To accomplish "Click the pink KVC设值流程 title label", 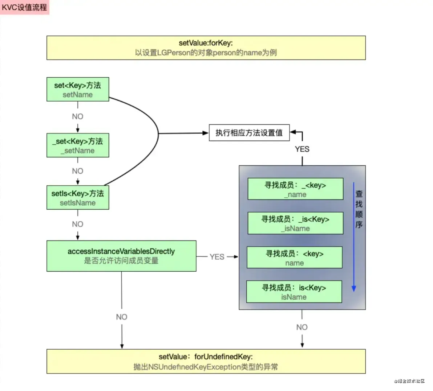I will coord(24,7).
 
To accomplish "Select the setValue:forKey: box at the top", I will coord(206,48).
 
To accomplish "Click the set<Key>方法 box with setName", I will coord(78,90).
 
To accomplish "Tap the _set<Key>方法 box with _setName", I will coord(78,145).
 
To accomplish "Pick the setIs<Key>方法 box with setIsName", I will coord(78,198).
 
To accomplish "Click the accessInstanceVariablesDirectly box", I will coord(121,256).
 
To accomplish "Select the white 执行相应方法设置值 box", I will coord(249,133).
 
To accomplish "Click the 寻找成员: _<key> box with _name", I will coord(295,189).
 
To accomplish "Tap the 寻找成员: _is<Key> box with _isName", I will coord(295,223).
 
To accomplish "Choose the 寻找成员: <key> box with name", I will coord(295,258).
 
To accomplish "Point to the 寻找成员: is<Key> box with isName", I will coord(294,292).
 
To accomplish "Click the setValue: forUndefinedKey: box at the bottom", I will coord(206,361).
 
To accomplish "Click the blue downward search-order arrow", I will coord(354,236).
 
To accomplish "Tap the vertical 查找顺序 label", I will coord(359,209).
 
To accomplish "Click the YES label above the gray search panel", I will coord(302,149).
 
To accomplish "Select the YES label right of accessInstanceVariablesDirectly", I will coord(217,257).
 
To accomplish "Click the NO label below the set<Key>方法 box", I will coord(78,116).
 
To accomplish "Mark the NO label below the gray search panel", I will coord(302,327).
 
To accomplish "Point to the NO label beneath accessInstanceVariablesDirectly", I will coord(122,317).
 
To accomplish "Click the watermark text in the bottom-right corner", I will coord(409,381).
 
